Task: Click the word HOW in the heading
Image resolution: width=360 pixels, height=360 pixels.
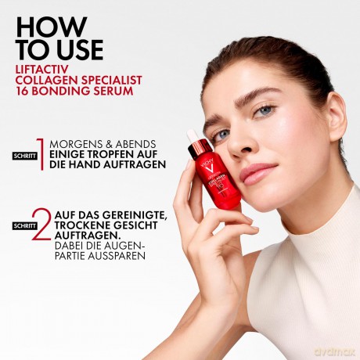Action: pos(51,27)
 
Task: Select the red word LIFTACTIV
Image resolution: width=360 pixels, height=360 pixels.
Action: pos(41,70)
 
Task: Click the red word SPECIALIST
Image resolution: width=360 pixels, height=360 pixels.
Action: pos(111,80)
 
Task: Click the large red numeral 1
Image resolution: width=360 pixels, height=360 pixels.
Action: pos(41,154)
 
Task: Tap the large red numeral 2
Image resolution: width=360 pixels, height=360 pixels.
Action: pos(41,224)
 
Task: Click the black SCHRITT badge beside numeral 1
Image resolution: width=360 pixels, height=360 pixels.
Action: pos(25,156)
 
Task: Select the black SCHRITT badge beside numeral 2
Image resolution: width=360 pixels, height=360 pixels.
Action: pos(25,225)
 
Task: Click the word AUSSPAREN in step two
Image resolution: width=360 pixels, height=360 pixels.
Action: pos(117,256)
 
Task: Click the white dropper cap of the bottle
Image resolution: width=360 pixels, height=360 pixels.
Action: pos(193,135)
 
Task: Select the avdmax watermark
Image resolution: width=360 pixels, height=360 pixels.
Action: pos(335,352)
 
